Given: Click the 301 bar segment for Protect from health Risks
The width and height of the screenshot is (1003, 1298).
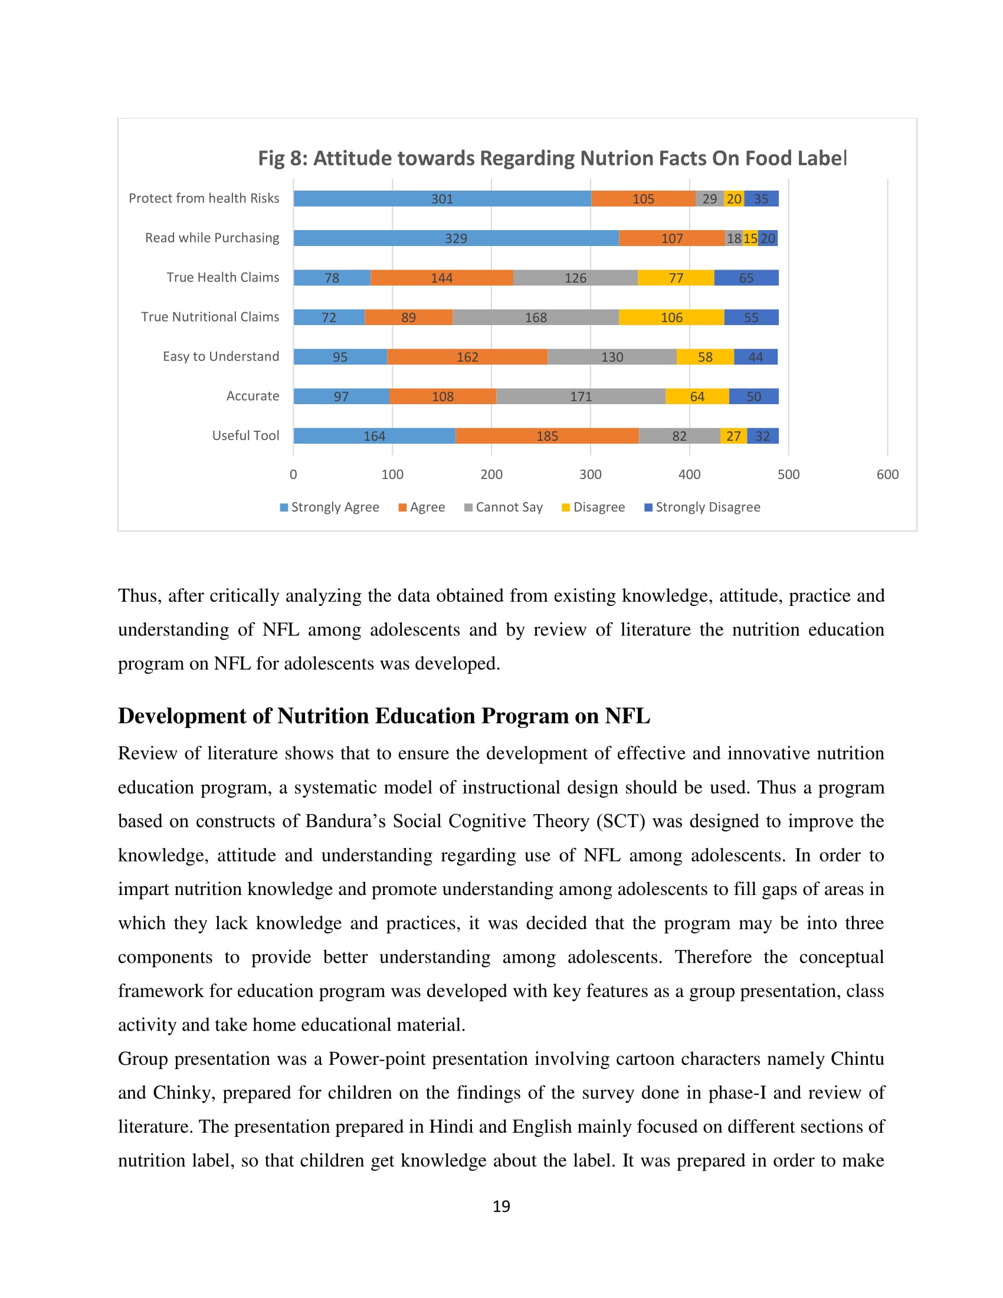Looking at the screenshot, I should tap(442, 198).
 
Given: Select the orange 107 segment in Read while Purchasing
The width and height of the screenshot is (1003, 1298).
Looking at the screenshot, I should tap(671, 238).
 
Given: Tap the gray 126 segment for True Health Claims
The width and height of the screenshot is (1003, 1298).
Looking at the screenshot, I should tap(575, 277).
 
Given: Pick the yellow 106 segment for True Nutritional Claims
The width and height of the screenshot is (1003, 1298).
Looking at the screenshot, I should tap(671, 317).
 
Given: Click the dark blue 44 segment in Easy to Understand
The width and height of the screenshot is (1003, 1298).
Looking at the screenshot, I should tap(755, 356).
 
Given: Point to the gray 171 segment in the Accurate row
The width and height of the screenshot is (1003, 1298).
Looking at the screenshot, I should tap(581, 396).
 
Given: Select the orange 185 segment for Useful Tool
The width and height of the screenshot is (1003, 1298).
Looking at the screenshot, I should tap(547, 435).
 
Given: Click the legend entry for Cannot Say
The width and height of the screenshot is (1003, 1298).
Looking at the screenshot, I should tap(503, 507).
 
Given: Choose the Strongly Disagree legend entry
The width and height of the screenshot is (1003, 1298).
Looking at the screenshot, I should tap(702, 507).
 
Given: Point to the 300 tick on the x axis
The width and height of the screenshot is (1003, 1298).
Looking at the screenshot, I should tap(590, 474).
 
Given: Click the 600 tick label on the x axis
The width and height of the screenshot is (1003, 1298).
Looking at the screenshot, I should tap(887, 474).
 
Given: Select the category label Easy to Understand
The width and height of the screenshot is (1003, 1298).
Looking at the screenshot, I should tap(221, 356).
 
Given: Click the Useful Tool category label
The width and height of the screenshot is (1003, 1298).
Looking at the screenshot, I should tap(245, 435).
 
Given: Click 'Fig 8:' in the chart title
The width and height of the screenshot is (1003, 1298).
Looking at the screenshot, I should tap(282, 158).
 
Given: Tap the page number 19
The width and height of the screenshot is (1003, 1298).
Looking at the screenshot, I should tap(501, 1206).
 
